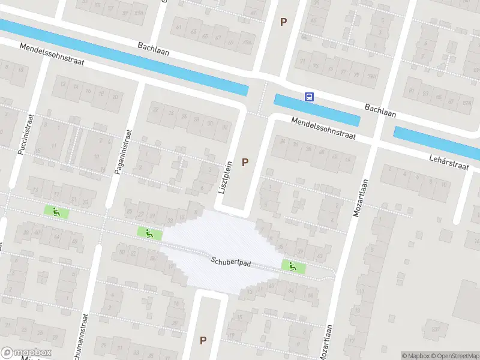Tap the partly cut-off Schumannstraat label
click(x=86, y=336)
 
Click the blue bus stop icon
click(x=309, y=97)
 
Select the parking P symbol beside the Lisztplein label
click(x=244, y=162)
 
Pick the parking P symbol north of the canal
click(x=283, y=22)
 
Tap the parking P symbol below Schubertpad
click(x=203, y=340)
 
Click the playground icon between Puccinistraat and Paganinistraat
click(x=56, y=211)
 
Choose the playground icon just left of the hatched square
click(x=149, y=233)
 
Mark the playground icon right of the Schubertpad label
click(x=293, y=267)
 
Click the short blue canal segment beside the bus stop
click(x=316, y=110)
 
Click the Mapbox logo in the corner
click(x=26, y=353)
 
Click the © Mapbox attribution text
click(x=416, y=356)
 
